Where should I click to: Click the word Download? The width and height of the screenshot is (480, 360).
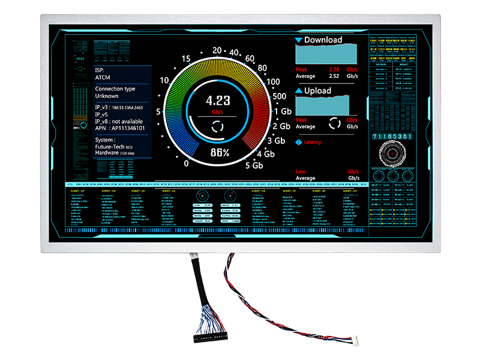pos(323,40)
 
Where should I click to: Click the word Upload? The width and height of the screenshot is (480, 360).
pos(317,91)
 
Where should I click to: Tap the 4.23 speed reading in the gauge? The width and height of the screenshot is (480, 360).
pos(218,100)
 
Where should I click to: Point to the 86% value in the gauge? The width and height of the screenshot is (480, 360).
pos(218,152)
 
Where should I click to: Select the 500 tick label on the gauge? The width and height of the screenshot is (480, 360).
pos(278,96)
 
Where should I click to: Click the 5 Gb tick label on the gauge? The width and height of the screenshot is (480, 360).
pos(254,165)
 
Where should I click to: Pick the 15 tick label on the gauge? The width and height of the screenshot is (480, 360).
pos(186,59)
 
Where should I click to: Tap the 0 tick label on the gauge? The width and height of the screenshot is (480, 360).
pos(186,163)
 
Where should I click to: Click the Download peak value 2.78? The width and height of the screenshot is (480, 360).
pos(334,70)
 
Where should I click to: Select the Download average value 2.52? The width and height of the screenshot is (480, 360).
pos(334,76)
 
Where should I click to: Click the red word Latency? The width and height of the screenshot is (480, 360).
pos(313,142)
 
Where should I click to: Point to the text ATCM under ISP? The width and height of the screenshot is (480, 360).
pos(103,77)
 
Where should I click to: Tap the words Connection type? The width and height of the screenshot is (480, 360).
pos(115,89)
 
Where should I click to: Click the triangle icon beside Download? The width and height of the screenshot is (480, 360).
pos(298,40)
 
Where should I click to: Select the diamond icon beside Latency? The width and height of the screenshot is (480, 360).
pos(298,142)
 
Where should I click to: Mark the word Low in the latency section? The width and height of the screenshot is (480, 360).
pos(301,172)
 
